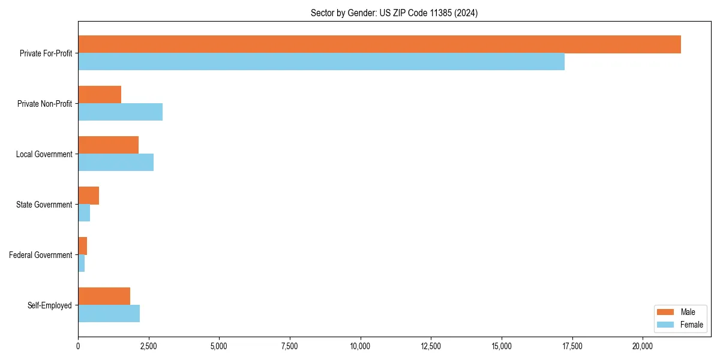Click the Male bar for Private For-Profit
point(379,44)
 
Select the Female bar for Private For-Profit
point(321,62)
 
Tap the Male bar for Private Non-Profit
point(100,95)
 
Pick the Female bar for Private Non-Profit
point(120,112)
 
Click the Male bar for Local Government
point(108,145)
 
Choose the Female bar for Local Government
point(116,163)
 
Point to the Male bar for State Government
point(88,196)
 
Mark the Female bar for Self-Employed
point(109,314)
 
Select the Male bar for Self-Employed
point(104,296)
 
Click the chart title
point(394,13)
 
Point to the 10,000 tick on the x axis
point(361,346)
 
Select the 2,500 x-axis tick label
point(149,346)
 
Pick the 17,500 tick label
point(572,346)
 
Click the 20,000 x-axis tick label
point(643,346)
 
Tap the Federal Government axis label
point(41,255)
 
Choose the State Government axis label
point(44,205)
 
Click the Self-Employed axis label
point(50,305)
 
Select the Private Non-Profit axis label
point(44,104)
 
